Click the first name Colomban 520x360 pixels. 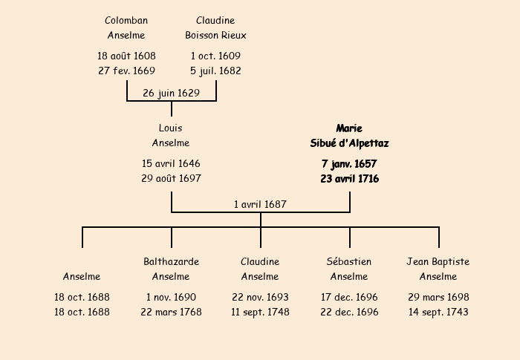pos(126,21)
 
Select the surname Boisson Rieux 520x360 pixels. pos(215,35)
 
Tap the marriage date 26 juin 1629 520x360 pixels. pos(171,93)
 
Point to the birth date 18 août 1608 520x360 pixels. pos(126,56)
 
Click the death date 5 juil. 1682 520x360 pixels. pos(215,71)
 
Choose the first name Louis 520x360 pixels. pos(171,128)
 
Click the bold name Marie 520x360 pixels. pos(349,128)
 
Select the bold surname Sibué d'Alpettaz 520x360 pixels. pos(349,143)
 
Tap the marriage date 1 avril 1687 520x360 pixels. pos(260,204)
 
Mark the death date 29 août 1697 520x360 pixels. pos(171,179)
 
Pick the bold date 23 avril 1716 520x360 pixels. pos(349,179)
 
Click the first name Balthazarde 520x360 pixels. pos(171,262)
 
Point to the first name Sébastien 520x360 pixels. pos(349,262)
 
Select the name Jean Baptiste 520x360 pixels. pos(438,262)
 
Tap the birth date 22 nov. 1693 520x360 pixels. pos(260,297)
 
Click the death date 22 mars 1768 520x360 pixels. pos(171,312)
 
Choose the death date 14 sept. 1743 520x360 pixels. pos(438,312)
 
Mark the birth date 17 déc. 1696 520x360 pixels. pos(349,297)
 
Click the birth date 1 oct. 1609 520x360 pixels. pos(215,56)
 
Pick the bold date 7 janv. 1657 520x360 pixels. pos(349,163)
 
